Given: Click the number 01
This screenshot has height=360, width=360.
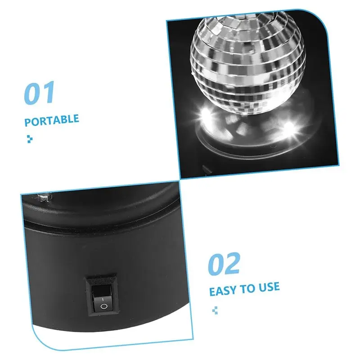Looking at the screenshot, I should point(39,93).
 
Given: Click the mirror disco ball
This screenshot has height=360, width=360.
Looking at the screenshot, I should point(247,63).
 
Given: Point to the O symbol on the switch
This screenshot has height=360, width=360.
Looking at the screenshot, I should point(103,306).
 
